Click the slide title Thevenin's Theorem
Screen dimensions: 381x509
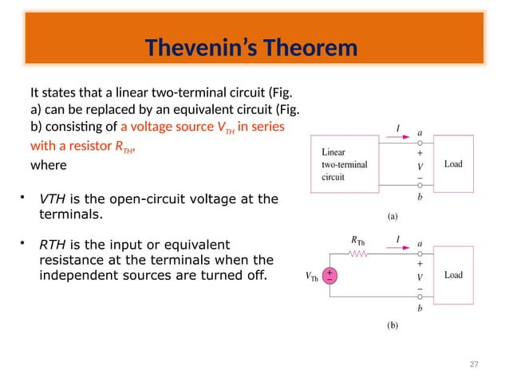click(x=251, y=49)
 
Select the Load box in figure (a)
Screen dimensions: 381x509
click(x=452, y=164)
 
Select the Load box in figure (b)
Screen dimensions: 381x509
click(x=452, y=275)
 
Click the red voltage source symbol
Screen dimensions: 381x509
click(x=329, y=276)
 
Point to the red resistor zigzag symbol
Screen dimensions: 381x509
click(x=359, y=255)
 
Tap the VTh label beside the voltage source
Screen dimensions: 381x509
click(x=314, y=277)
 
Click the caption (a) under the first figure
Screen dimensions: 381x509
click(x=392, y=214)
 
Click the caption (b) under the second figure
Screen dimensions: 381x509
click(x=392, y=325)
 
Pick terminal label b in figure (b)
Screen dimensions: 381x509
click(x=420, y=308)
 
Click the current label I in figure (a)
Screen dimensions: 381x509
click(x=397, y=128)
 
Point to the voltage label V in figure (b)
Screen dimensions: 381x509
click(x=420, y=277)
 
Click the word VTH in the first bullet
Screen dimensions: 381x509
click(x=53, y=198)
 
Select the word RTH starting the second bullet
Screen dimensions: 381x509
click(x=53, y=245)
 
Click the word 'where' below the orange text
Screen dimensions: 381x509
click(x=45, y=166)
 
